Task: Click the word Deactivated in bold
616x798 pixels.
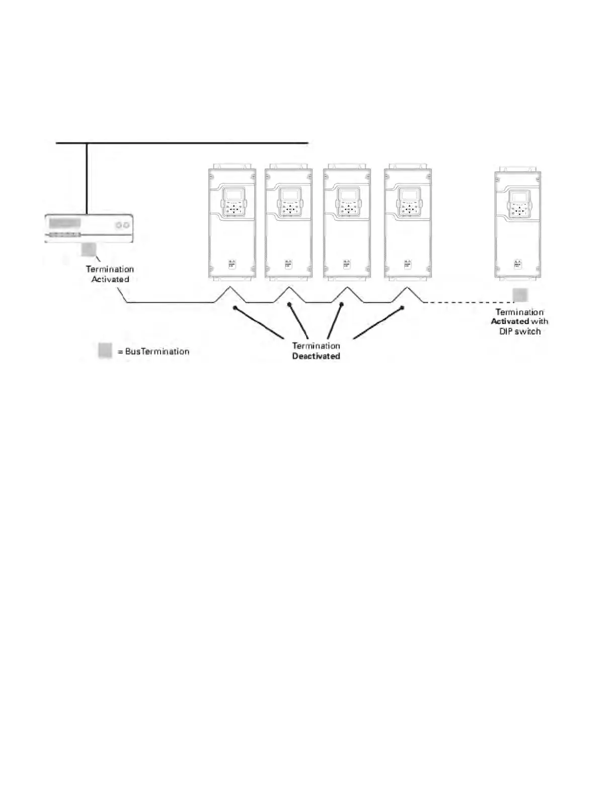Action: (316, 356)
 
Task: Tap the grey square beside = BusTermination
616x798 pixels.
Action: (105, 351)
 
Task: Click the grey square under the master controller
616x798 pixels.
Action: (89, 249)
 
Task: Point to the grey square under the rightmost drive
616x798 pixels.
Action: (520, 295)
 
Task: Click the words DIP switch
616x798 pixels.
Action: (520, 331)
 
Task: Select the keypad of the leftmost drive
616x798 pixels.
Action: (233, 203)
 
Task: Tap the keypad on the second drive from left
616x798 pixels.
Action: (289, 203)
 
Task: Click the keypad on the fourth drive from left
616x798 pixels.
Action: (408, 203)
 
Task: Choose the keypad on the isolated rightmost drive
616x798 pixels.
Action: (518, 205)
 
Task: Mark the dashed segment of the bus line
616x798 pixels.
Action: (468, 302)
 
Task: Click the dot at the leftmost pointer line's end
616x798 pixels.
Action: (234, 307)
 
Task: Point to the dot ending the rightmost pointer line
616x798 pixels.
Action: (402, 307)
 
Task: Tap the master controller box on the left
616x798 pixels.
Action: (89, 228)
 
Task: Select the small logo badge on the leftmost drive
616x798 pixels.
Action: (233, 263)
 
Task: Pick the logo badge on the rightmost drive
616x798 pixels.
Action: (518, 263)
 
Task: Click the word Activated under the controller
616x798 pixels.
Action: (110, 279)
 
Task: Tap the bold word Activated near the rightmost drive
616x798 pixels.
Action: (510, 321)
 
